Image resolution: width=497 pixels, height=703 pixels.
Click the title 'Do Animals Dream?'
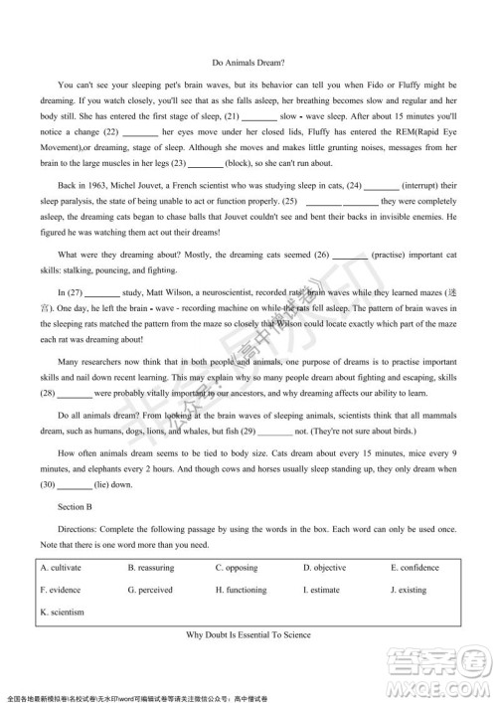(248, 61)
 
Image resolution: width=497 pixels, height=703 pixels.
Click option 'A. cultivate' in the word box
(61, 567)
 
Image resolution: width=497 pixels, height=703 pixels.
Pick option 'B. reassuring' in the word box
(150, 567)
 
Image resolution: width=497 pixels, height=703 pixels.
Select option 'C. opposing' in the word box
(239, 567)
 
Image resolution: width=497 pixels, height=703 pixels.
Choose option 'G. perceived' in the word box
(150, 590)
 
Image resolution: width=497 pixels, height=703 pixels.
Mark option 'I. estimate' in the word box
(324, 590)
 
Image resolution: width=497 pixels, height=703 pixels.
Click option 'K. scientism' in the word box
(62, 612)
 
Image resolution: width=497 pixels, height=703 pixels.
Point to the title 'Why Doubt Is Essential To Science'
(248, 633)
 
